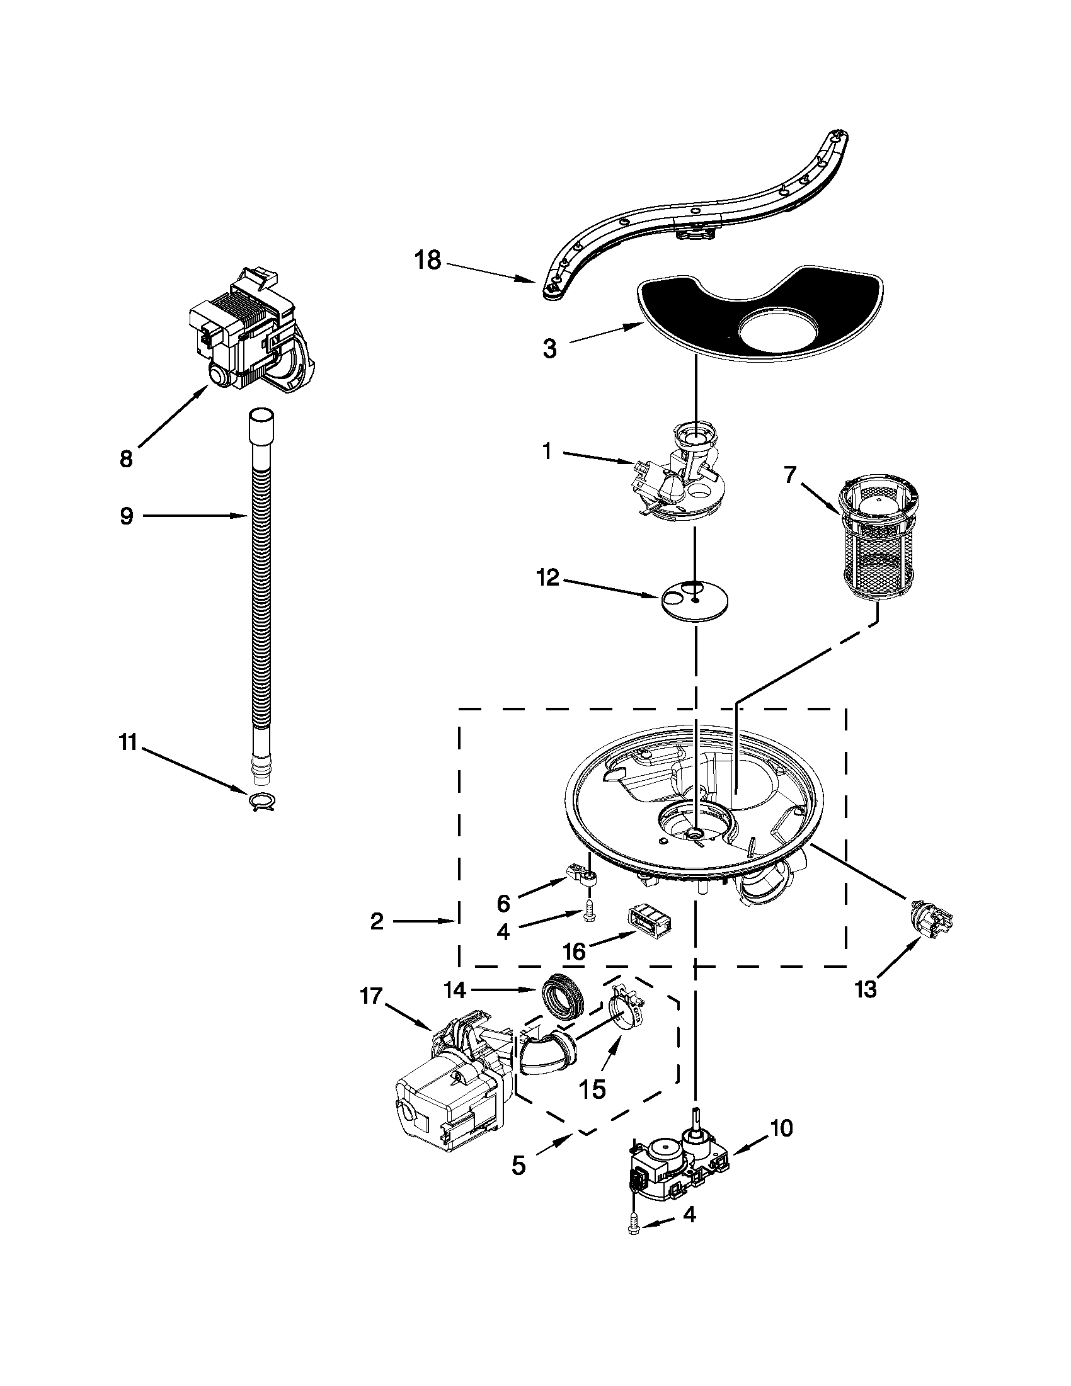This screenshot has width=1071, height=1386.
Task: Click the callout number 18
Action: pos(428,260)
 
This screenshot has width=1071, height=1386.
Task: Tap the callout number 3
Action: pos(550,348)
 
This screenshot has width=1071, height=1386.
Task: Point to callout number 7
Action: pos(789,475)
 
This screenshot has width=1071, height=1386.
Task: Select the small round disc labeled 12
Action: pos(694,599)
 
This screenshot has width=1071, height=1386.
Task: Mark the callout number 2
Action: pos(377,921)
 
